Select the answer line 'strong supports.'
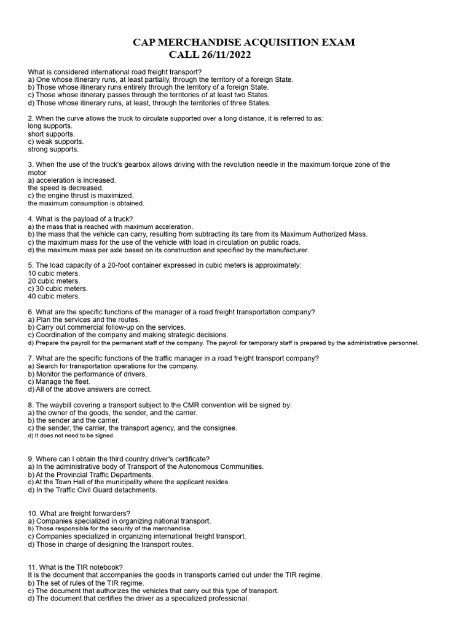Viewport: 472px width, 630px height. click(53, 149)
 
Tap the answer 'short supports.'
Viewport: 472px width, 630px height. click(51, 134)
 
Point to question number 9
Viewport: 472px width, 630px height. click(32, 458)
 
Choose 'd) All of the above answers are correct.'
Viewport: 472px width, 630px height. click(90, 389)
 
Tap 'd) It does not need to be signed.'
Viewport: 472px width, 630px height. click(71, 436)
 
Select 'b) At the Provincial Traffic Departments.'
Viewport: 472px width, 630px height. click(91, 474)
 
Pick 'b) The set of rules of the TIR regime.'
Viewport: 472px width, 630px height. click(86, 583)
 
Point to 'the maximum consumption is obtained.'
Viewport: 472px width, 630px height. click(86, 203)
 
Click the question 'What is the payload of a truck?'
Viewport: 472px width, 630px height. click(84, 218)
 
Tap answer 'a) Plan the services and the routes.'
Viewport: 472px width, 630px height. click(84, 319)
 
